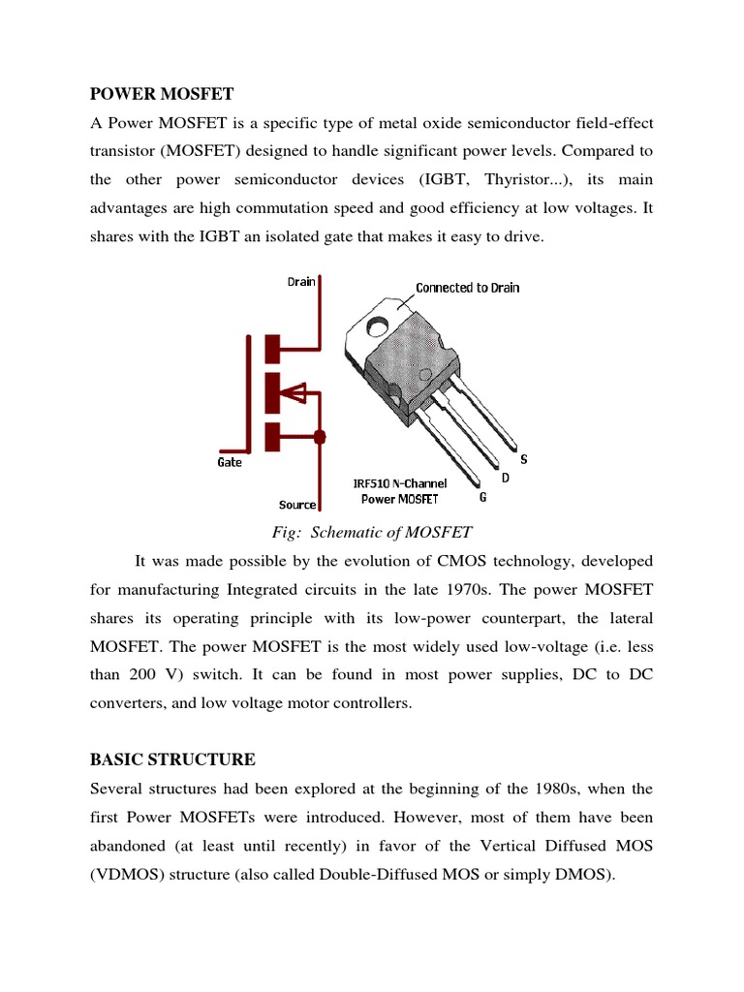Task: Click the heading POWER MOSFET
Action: click(162, 94)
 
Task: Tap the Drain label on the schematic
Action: click(301, 281)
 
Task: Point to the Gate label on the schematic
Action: click(230, 462)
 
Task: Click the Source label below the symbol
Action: click(297, 504)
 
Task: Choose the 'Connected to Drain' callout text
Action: click(467, 288)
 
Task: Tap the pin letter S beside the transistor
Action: click(524, 458)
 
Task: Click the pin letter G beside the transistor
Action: click(482, 498)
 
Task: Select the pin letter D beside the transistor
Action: click(504, 479)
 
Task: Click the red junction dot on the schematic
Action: click(321, 435)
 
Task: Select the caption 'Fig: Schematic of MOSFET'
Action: click(371, 531)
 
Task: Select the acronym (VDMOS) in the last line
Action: click(131, 875)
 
